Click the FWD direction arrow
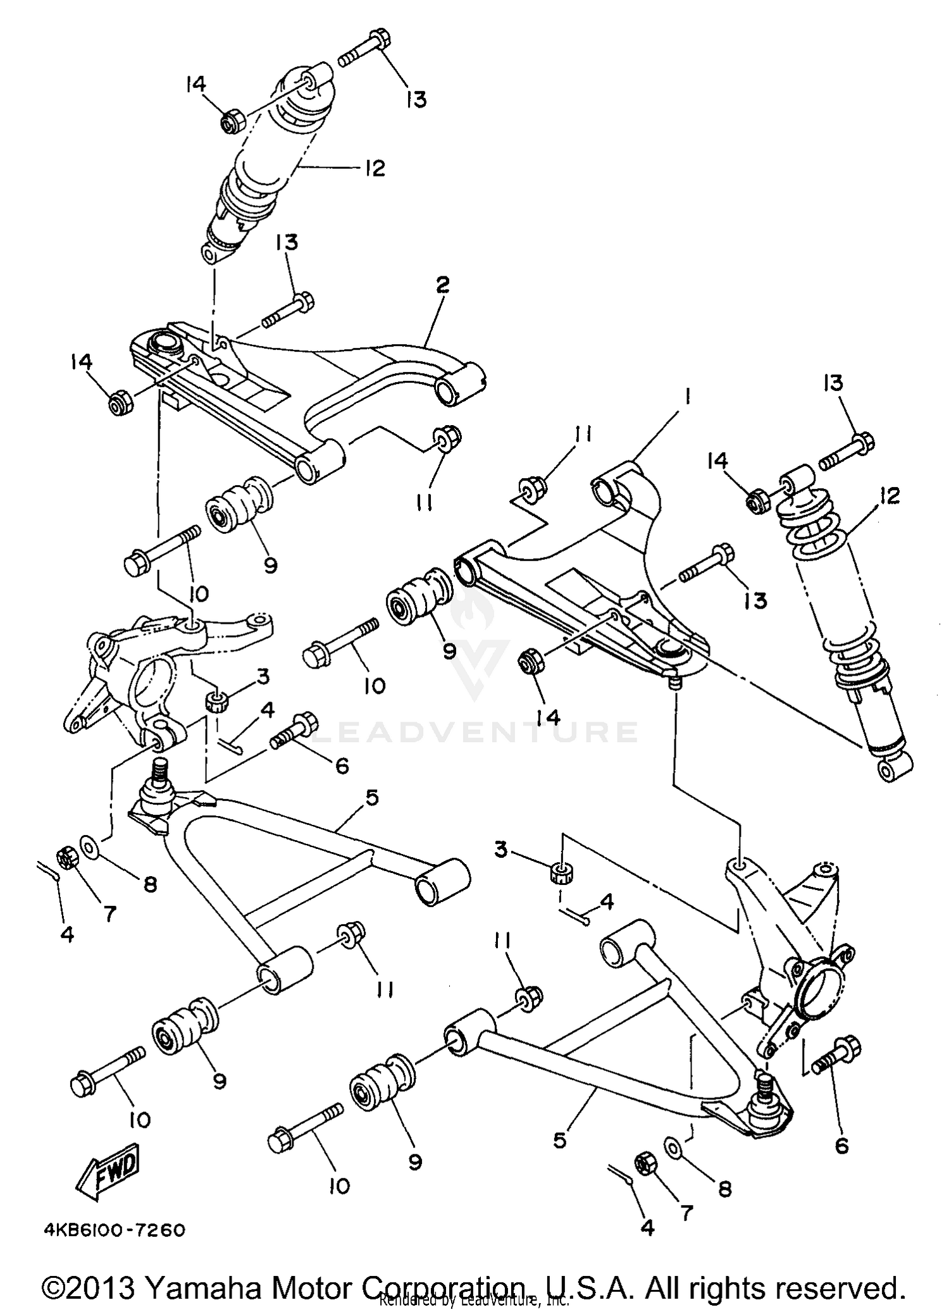pyautogui.click(x=108, y=1175)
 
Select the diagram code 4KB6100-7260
pyautogui.click(x=114, y=1230)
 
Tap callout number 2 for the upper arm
pyautogui.click(x=442, y=285)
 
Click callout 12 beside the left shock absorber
pyautogui.click(x=375, y=169)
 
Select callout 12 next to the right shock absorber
pyautogui.click(x=889, y=497)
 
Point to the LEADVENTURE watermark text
pyautogui.click(x=475, y=732)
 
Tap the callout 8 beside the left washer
pyautogui.click(x=150, y=884)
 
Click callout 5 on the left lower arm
pyautogui.click(x=371, y=798)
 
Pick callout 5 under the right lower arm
pyautogui.click(x=560, y=1139)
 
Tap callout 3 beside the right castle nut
pyautogui.click(x=501, y=850)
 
